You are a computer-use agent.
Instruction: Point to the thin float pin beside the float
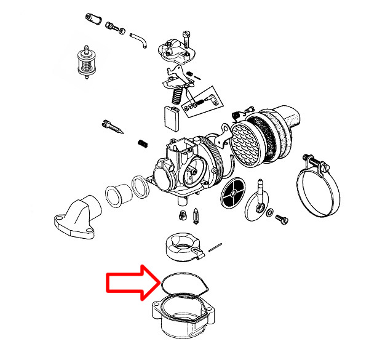[215, 247]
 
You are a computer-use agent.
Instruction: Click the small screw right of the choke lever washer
[284, 218]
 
